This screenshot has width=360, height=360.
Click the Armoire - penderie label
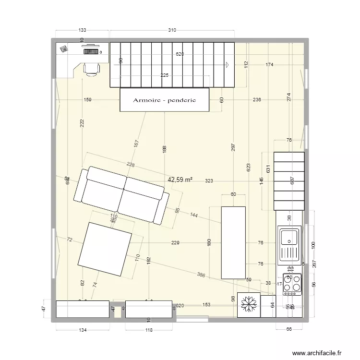164,100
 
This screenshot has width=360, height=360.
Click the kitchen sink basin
289,236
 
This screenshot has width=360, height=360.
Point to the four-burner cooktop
292,284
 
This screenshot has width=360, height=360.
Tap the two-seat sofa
121,195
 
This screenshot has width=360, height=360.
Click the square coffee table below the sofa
105,250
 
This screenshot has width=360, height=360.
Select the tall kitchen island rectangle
233,242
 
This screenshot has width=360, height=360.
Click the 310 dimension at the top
172,30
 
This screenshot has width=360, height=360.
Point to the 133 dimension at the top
82,30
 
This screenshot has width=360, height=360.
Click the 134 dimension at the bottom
83,330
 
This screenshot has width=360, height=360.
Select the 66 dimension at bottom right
289,330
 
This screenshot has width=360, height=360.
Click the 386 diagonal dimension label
202,275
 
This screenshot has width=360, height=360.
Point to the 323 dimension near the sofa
209,181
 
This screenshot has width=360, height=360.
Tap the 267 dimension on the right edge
314,264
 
